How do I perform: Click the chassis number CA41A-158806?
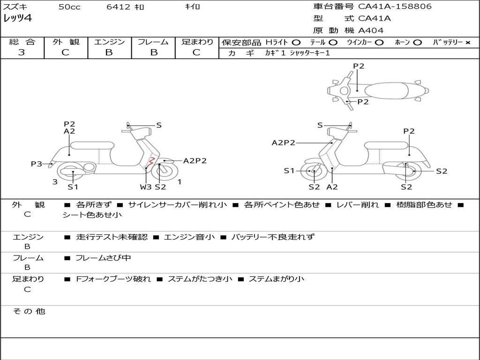(395, 7)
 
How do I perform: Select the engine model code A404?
(371, 30)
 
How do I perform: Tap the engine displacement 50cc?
(69, 7)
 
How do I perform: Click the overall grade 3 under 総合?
(22, 52)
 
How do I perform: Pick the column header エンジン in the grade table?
(109, 42)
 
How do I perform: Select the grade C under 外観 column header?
(65, 52)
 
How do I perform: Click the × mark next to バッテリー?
(467, 43)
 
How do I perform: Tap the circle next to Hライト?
(296, 43)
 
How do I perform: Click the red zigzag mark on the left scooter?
(150, 163)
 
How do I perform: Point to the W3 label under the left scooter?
(146, 187)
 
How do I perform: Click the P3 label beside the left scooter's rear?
(37, 164)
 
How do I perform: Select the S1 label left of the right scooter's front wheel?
(289, 171)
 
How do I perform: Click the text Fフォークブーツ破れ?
(113, 279)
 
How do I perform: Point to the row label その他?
(29, 311)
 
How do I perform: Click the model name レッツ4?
(17, 19)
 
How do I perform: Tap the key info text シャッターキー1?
(310, 53)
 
